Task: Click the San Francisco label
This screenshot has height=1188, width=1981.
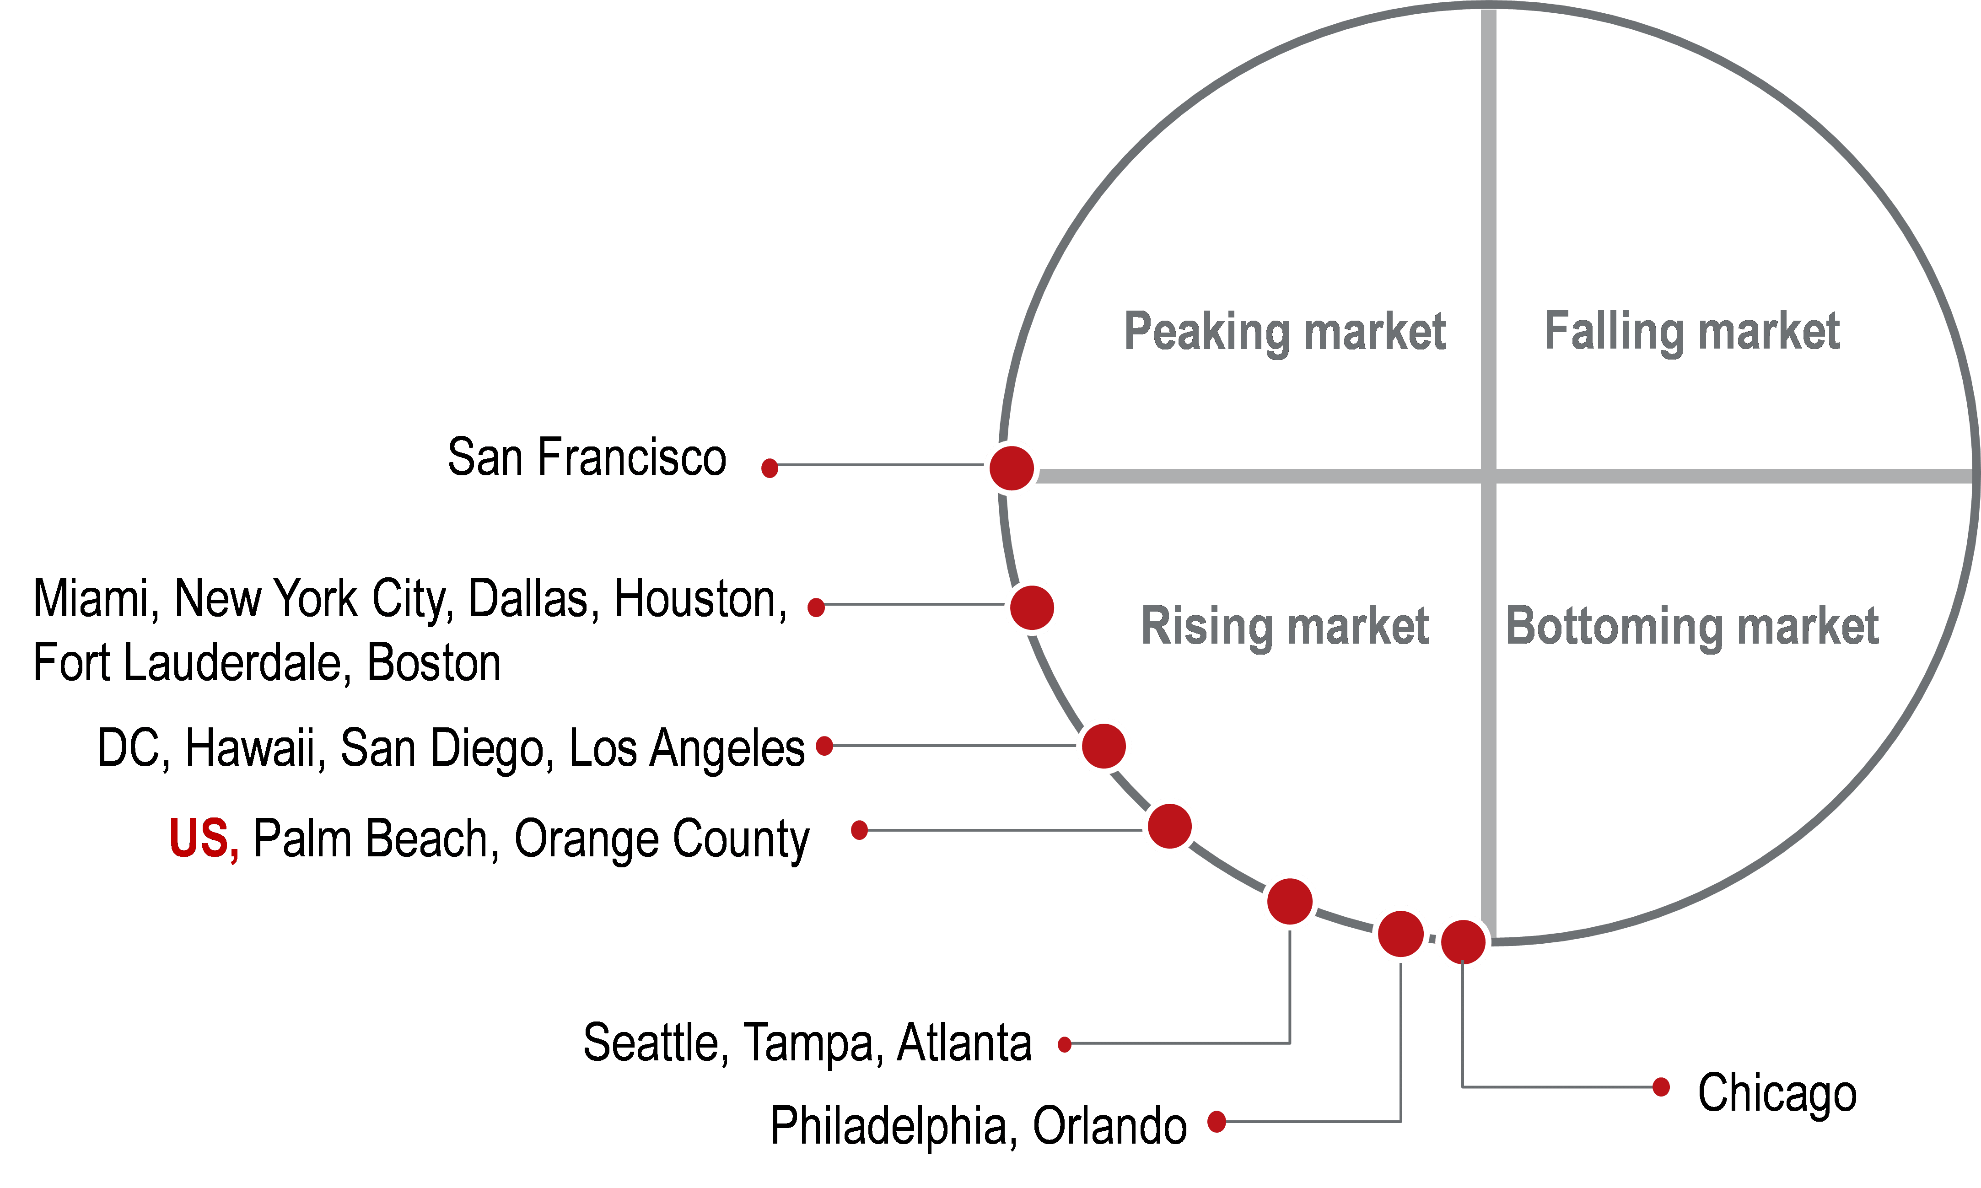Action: coord(587,458)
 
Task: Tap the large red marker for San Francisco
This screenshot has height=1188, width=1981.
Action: coord(1012,468)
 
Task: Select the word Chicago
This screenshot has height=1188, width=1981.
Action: coord(1777,1093)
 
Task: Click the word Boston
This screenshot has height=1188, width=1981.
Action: coord(434,664)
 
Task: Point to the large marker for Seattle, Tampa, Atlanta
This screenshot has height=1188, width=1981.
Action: coord(1289,901)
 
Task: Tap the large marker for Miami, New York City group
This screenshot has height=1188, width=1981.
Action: coord(1032,607)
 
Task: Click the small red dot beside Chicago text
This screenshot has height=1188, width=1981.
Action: coord(1661,1086)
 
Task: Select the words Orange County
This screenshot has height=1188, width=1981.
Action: coord(661,839)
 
